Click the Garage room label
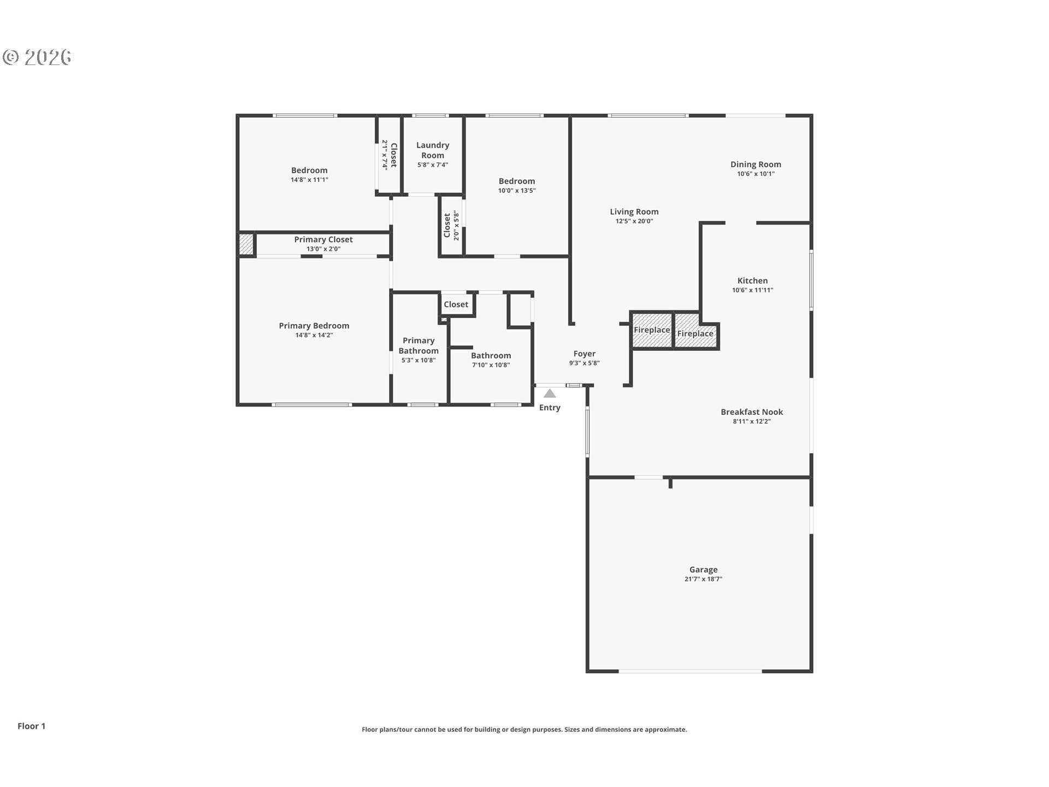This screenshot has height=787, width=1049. click(x=703, y=569)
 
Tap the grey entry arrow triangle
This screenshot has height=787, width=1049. click(x=550, y=393)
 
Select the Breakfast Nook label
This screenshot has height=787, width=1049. click(x=751, y=412)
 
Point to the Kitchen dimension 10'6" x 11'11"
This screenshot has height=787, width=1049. click(x=752, y=290)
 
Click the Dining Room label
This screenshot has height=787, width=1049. click(x=756, y=165)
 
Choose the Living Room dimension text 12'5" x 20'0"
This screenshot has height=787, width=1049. click(x=634, y=221)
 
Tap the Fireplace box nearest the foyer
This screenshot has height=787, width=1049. click(x=652, y=330)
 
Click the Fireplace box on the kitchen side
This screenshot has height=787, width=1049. click(x=695, y=333)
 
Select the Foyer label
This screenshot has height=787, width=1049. click(x=584, y=354)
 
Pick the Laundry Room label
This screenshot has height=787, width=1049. click(x=433, y=150)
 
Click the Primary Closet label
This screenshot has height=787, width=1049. click(x=323, y=239)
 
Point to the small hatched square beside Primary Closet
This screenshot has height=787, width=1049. click(x=246, y=244)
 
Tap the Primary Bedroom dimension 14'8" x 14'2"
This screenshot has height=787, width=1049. click(x=314, y=335)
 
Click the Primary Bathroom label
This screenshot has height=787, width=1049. click(x=419, y=345)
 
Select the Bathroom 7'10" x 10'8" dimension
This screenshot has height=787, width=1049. click(x=491, y=365)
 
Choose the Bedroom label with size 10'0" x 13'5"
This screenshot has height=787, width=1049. click(x=516, y=181)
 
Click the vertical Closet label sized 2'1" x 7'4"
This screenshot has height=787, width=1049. click(x=393, y=155)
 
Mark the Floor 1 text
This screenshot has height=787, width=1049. click(x=31, y=726)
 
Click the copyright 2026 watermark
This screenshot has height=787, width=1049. click(x=37, y=57)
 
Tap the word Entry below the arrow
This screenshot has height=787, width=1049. click(x=550, y=408)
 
